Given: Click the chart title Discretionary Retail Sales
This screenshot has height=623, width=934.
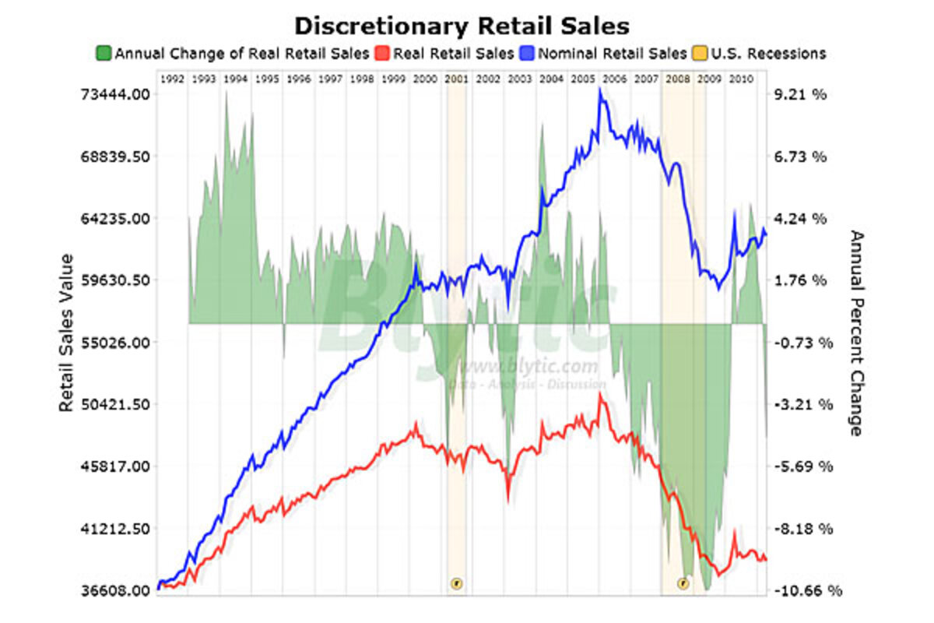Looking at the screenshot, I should point(462,26).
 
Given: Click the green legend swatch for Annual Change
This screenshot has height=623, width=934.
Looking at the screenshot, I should point(104,54).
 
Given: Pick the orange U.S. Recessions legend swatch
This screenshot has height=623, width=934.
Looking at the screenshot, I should point(698,54).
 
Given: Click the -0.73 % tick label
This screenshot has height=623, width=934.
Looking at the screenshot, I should point(805,342).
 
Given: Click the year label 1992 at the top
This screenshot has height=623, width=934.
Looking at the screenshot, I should point(172,79).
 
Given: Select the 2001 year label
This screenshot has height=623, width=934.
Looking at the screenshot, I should point(456,79).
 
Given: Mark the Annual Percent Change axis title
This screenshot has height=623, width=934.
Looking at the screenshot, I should point(856,333).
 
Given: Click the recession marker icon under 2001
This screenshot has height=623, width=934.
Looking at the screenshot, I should point(456,582).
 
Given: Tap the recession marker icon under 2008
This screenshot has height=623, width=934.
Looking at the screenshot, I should point(683,582).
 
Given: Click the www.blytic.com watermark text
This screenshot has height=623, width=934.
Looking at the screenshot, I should point(529,367).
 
